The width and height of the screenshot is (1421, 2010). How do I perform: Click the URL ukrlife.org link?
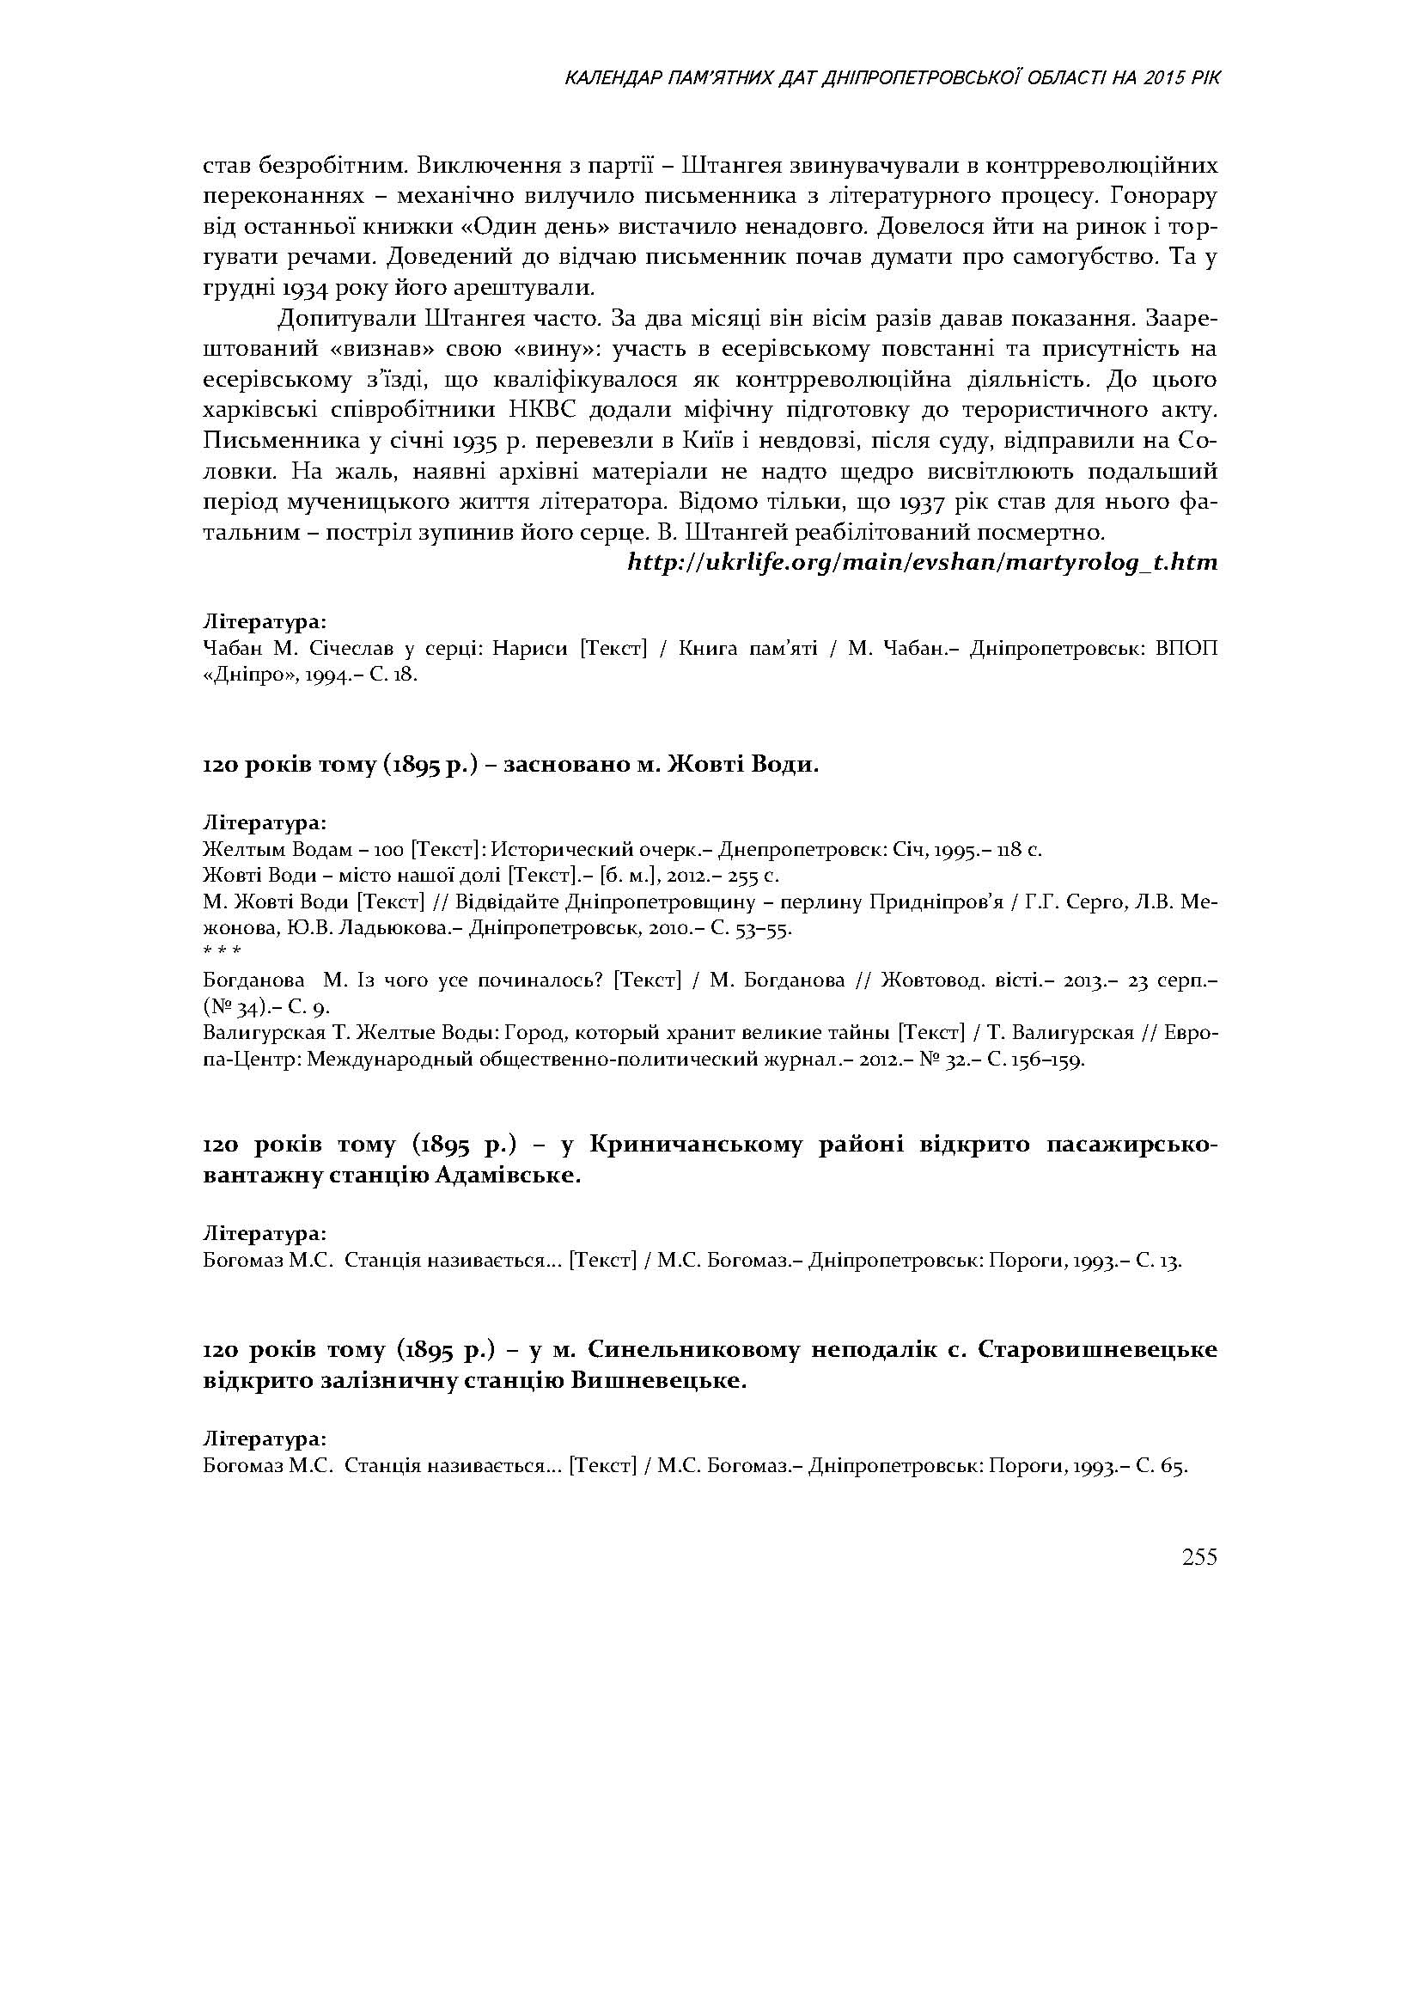point(922,563)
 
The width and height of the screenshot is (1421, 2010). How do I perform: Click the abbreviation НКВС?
point(543,411)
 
